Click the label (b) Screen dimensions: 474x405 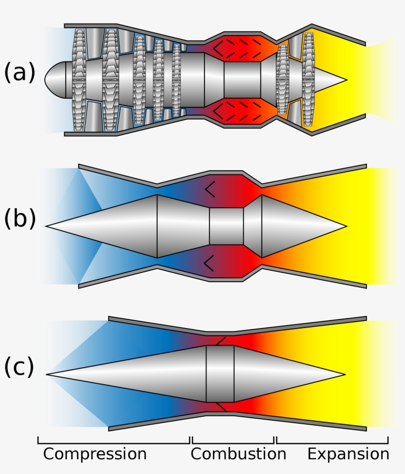coord(20,220)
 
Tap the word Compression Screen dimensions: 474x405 coord(95,454)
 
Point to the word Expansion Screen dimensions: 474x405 coord(348,454)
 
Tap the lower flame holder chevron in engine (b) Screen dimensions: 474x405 coord(209,263)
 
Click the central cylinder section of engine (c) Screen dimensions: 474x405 coord(220,374)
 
